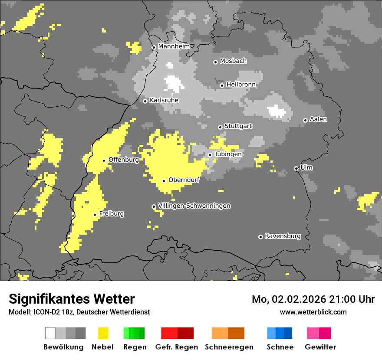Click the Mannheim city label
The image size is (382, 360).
174,46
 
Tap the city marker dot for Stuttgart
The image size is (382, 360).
220,127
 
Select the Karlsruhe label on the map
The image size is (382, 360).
164,100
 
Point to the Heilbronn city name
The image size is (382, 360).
241,85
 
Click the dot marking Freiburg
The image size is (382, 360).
95,215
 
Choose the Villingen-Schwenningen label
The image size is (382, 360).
194,206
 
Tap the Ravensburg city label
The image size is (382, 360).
283,236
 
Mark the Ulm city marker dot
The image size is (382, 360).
296,168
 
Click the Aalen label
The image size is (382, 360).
318,119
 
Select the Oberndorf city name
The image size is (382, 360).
184,180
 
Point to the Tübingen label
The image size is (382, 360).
228,154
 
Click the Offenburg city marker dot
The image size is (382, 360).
104,160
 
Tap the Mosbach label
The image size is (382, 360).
233,61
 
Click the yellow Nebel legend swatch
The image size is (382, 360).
103,333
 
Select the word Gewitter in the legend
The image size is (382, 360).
320,347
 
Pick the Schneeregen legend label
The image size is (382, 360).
229,347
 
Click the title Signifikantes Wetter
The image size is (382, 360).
72,299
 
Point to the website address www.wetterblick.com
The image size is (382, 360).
313,312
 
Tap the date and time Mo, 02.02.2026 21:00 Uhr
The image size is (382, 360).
313,299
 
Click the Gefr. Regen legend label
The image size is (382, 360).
177,347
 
